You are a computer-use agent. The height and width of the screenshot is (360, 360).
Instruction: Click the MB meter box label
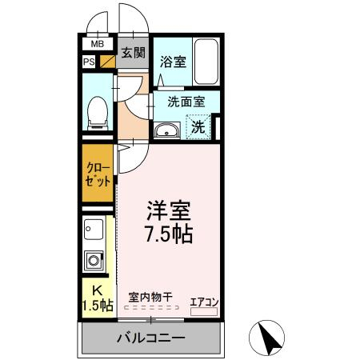[x=98, y=44]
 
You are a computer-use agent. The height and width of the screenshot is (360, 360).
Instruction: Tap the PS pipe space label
[x=89, y=62]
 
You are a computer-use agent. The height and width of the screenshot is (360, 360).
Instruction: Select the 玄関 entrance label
[x=134, y=53]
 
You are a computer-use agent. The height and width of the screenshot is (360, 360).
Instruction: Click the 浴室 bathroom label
[x=173, y=62]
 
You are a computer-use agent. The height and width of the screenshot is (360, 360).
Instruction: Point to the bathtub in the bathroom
[x=206, y=62]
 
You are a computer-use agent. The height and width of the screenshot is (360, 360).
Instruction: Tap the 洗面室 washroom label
[x=186, y=102]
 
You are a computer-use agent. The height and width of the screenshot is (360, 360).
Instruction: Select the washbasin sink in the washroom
[x=167, y=130]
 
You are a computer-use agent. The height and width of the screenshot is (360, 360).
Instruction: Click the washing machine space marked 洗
[x=198, y=126]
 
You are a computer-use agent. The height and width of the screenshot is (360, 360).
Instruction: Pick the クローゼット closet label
[x=98, y=174]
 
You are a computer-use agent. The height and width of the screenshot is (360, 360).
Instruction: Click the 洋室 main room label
[x=169, y=210]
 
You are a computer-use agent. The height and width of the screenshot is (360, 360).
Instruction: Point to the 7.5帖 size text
[x=169, y=234]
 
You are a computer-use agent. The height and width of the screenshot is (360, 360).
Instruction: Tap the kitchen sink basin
[x=94, y=230]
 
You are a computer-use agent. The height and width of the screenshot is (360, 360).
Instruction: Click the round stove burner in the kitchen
[x=94, y=261]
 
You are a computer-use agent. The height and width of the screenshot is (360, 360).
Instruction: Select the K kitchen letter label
[x=97, y=290]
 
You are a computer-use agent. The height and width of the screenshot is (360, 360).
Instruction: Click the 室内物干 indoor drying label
[x=150, y=297]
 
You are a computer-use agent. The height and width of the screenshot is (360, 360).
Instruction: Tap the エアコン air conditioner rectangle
[x=204, y=311]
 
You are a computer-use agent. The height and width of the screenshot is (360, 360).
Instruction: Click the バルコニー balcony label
[x=151, y=338]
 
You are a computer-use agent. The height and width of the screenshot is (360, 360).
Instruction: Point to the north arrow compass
[x=266, y=338]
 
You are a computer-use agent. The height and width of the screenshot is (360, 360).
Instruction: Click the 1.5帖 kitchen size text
[x=98, y=306]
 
